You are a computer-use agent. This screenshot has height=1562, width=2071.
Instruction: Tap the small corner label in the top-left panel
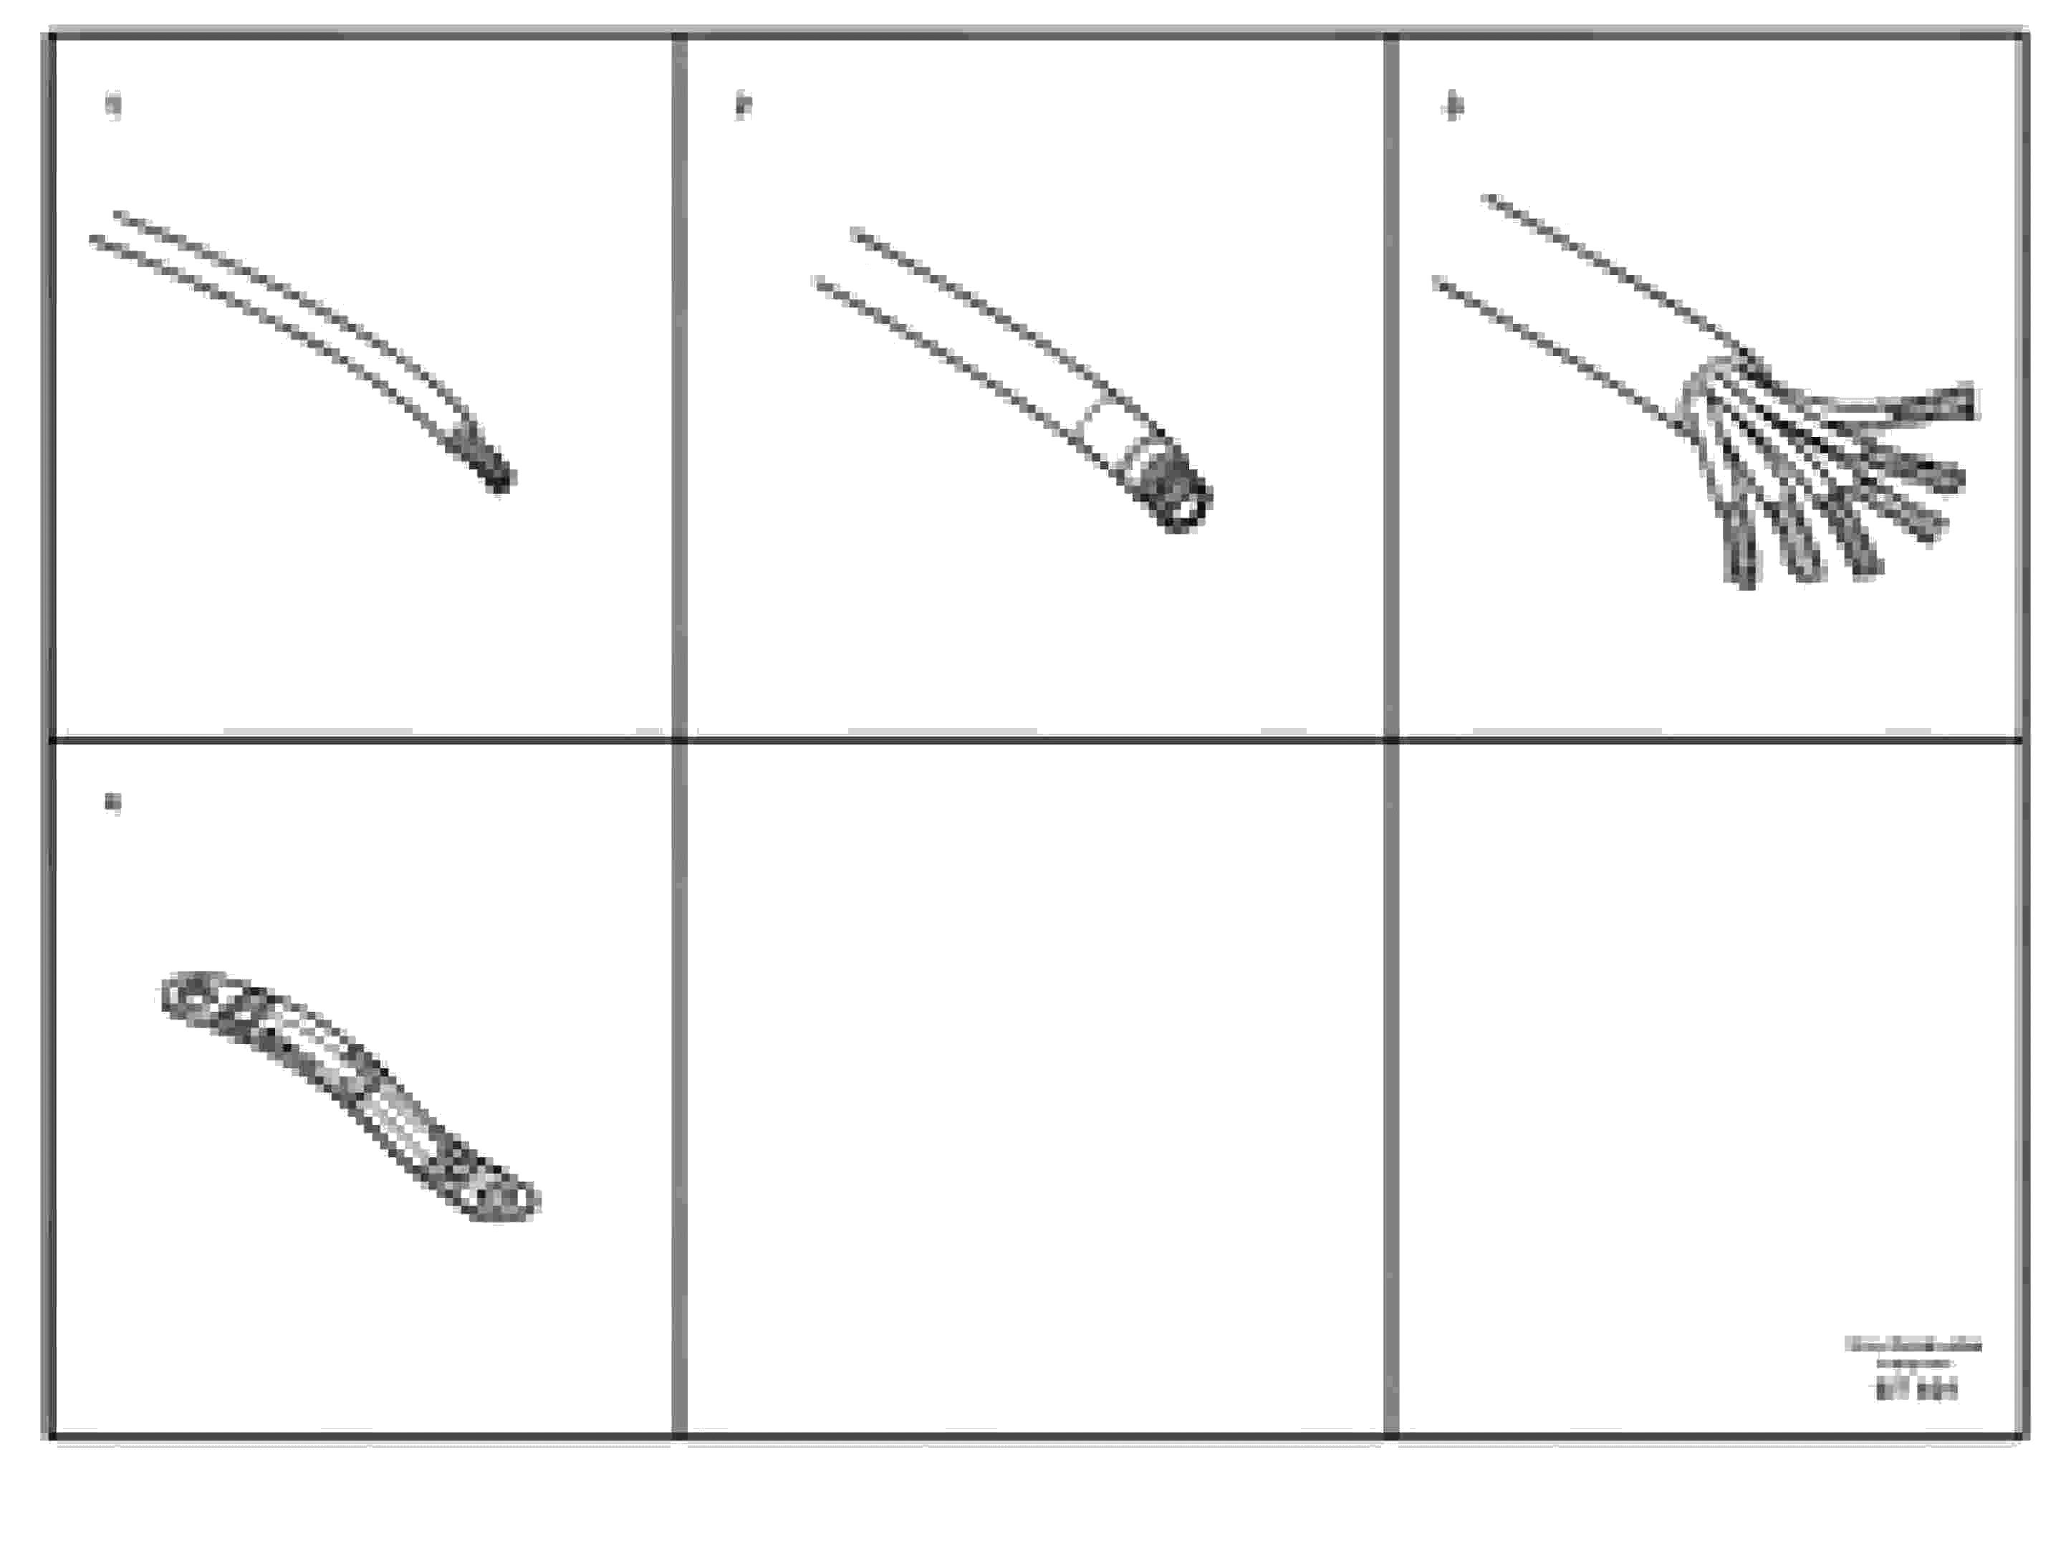113,105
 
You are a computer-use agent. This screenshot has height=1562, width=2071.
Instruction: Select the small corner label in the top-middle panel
744,105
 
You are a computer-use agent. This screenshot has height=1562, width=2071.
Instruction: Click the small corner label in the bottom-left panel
112,802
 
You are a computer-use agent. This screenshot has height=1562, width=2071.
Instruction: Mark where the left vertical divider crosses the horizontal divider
680,739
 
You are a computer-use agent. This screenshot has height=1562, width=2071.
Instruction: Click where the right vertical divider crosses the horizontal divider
1391,739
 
